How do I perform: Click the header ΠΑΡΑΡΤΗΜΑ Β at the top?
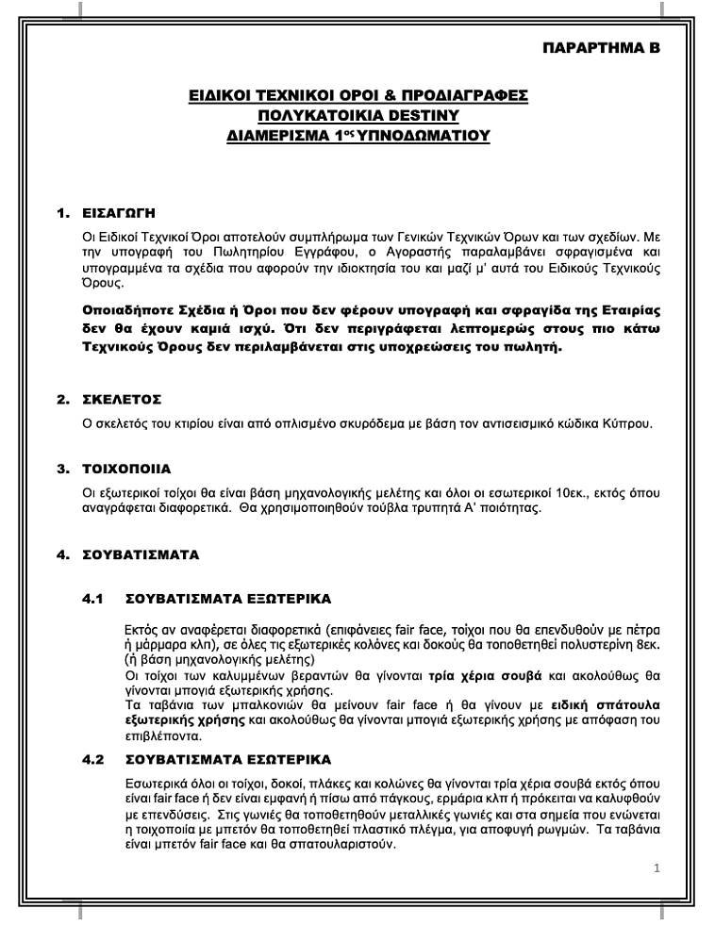pos(602,46)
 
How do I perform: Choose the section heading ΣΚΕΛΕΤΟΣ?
pos(123,399)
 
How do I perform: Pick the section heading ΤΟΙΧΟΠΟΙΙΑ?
pos(130,468)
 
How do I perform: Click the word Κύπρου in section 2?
pos(630,423)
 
